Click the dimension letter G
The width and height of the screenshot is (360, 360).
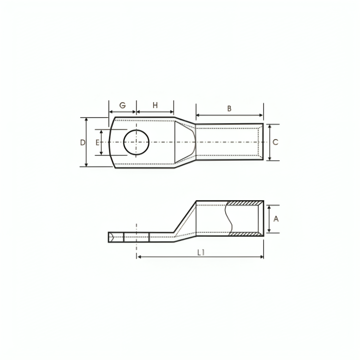(x=122, y=106)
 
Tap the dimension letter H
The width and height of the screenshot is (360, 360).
(x=155, y=106)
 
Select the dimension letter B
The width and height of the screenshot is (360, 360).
(x=229, y=108)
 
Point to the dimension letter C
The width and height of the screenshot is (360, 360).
(x=276, y=142)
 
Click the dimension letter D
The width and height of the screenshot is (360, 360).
(x=83, y=143)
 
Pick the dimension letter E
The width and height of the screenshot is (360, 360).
(x=97, y=143)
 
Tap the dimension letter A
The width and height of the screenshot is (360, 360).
(x=276, y=219)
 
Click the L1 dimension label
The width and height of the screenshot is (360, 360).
(x=201, y=252)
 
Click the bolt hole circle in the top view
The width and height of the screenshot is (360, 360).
(x=136, y=130)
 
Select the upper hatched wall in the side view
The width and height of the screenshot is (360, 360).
(x=244, y=204)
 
